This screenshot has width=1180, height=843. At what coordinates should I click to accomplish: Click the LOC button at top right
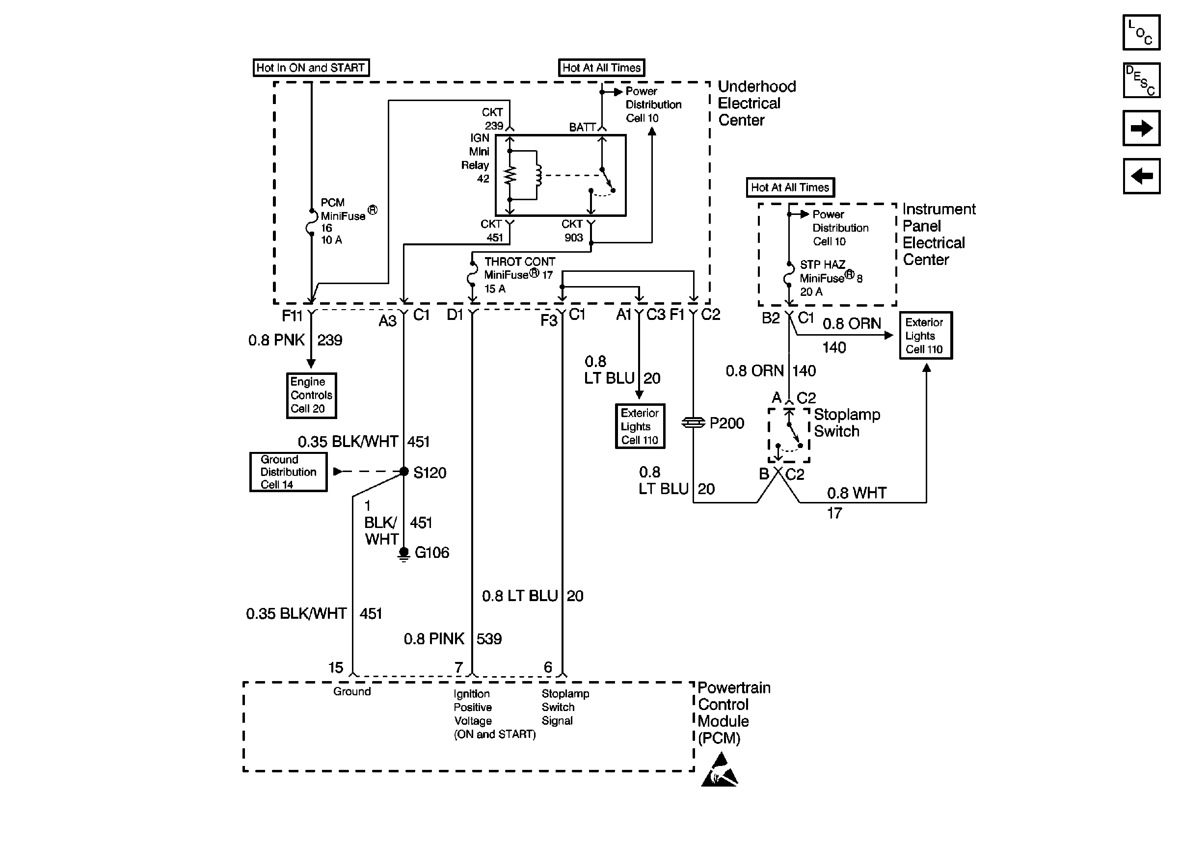click(x=1141, y=32)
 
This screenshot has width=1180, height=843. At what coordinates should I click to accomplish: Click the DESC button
click(x=1141, y=80)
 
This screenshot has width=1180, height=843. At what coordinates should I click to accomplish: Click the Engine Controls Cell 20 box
click(x=311, y=395)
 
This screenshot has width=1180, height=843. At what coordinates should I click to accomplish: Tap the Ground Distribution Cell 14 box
click(x=288, y=472)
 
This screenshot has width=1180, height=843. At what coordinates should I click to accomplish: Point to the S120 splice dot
click(x=404, y=472)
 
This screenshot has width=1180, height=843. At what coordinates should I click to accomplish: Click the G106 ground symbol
click(x=403, y=554)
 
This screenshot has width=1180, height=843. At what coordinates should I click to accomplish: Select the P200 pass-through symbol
click(x=693, y=423)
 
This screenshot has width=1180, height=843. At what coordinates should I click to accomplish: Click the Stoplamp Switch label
click(x=846, y=422)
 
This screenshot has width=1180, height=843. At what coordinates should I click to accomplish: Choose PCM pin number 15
click(x=336, y=667)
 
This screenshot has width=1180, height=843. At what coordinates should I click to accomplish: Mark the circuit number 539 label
click(x=489, y=638)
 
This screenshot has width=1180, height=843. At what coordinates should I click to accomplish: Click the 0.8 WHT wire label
click(x=856, y=493)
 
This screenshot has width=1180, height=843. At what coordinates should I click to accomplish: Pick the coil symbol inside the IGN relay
click(x=538, y=175)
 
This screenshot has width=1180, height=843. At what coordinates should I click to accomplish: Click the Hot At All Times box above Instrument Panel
click(x=790, y=187)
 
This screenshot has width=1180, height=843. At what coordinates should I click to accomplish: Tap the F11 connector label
click(x=292, y=315)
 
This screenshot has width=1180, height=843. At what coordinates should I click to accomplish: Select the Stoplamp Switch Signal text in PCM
click(x=565, y=707)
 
